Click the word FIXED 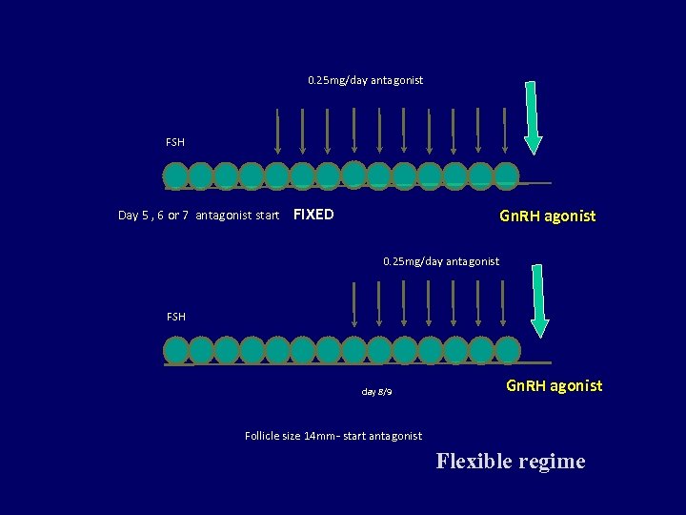point(313,215)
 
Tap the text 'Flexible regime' point(511,462)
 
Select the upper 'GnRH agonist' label point(548,216)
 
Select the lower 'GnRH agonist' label point(554,386)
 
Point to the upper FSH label point(175,142)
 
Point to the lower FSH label point(175,316)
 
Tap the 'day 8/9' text point(376,392)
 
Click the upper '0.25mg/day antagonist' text point(365,80)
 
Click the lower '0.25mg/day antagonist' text point(440,260)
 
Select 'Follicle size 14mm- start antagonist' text point(333,436)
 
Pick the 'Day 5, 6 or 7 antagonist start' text point(198,216)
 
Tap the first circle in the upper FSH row point(176,175)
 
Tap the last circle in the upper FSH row point(506,175)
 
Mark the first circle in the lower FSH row point(177,350)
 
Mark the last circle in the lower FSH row point(507,349)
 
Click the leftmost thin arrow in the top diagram point(277,131)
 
